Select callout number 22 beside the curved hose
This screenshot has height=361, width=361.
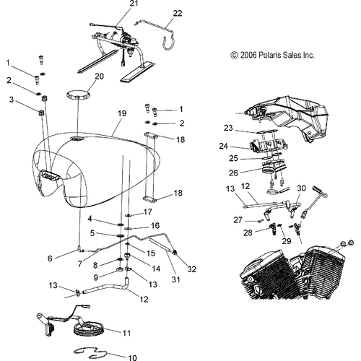point(178,13)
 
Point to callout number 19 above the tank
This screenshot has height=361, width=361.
point(121,113)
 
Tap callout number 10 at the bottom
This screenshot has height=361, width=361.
point(132,357)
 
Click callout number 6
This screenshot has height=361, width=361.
point(50,258)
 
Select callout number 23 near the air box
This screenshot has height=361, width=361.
point(227,128)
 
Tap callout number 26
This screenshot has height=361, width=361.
point(233,173)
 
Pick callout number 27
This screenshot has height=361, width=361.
point(237,219)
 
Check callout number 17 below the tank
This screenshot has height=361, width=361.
point(148,212)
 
